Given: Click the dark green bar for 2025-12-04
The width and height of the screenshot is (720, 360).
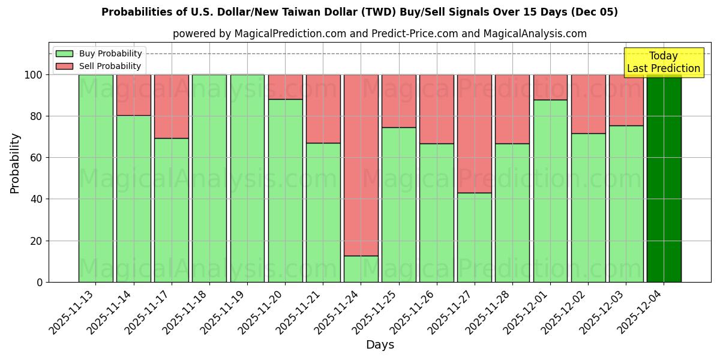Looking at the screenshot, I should point(664,178).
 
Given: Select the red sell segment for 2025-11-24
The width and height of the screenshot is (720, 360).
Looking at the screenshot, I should point(361,165).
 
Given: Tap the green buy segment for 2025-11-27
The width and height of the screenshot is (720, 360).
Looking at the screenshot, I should point(474,237).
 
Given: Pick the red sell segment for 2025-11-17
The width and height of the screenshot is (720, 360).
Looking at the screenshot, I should point(171,106).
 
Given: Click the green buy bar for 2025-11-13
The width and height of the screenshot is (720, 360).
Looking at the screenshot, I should point(95,178).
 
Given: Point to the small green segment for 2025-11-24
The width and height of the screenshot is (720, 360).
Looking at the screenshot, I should point(361,269).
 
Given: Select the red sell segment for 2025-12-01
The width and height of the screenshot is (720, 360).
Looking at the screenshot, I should point(550,87).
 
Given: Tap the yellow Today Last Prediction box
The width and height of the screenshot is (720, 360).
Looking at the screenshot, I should point(663,62).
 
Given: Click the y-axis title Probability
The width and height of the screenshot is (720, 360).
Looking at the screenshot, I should point(15,163).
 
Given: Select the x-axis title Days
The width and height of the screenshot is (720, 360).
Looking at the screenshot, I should point(380,345).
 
